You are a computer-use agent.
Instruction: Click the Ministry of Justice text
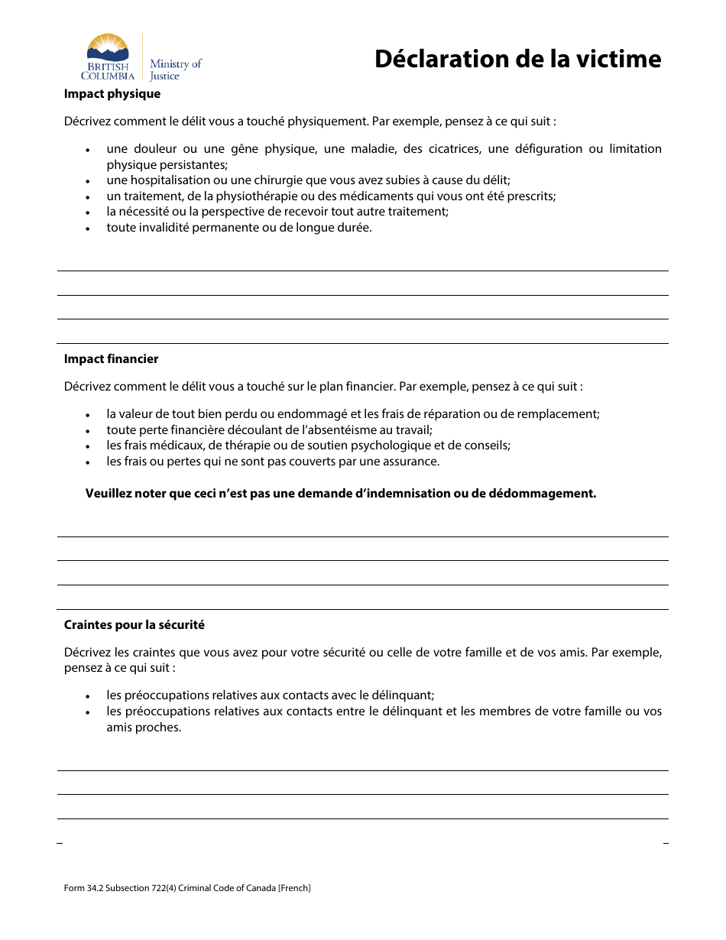tap(176, 70)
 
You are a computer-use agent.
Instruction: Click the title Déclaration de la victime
tap(517, 59)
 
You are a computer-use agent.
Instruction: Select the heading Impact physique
tap(112, 94)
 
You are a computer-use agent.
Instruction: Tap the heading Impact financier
tap(112, 359)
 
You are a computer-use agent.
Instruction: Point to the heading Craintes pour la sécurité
tap(135, 625)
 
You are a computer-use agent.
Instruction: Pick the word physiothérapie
tap(256, 196)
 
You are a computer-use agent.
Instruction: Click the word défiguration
tap(543, 149)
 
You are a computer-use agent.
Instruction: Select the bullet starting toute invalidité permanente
tap(238, 228)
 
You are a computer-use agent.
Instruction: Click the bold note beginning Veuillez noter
tap(340, 494)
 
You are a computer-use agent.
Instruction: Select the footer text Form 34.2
tap(84, 888)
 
